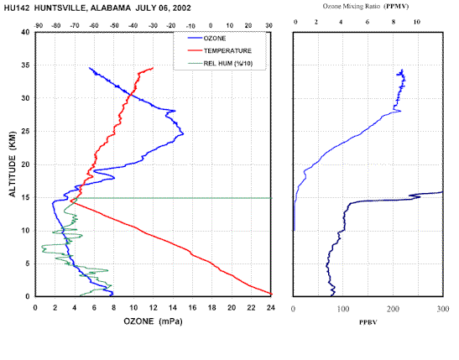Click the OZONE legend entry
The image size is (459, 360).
click(x=206, y=39)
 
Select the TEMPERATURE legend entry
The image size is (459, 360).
click(x=220, y=51)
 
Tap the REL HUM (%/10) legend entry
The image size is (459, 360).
click(x=220, y=64)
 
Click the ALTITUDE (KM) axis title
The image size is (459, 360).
click(x=13, y=164)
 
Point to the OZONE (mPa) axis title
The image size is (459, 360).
click(x=153, y=321)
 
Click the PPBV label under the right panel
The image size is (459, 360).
click(x=368, y=322)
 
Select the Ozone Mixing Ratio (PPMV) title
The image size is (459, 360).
click(x=366, y=6)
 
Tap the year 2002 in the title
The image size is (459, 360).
click(x=181, y=8)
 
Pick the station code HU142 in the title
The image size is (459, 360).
click(x=17, y=8)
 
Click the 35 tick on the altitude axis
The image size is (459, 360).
click(x=25, y=65)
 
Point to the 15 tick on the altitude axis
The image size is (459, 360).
click(x=25, y=197)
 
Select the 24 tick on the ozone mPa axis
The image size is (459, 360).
click(x=271, y=308)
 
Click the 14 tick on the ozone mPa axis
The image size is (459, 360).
click(x=173, y=308)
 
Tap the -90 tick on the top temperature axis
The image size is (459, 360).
click(x=39, y=26)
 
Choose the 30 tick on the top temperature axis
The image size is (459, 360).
click(x=269, y=26)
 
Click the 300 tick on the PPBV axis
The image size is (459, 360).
click(x=443, y=309)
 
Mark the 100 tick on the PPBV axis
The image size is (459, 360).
click(x=343, y=309)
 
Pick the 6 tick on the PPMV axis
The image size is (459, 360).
click(x=368, y=22)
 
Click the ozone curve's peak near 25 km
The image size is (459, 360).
click(x=183, y=134)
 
